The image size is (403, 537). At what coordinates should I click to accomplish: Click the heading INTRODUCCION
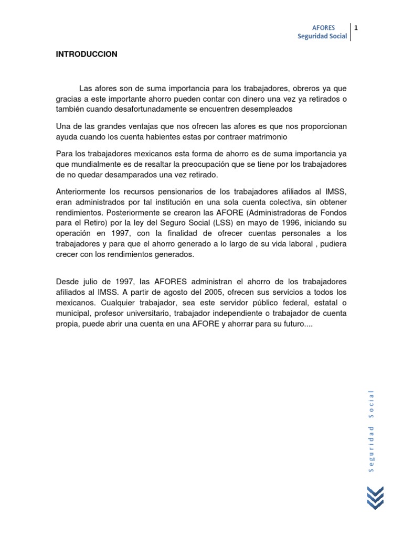[x=87, y=54]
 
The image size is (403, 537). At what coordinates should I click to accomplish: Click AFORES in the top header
[x=323, y=27]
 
